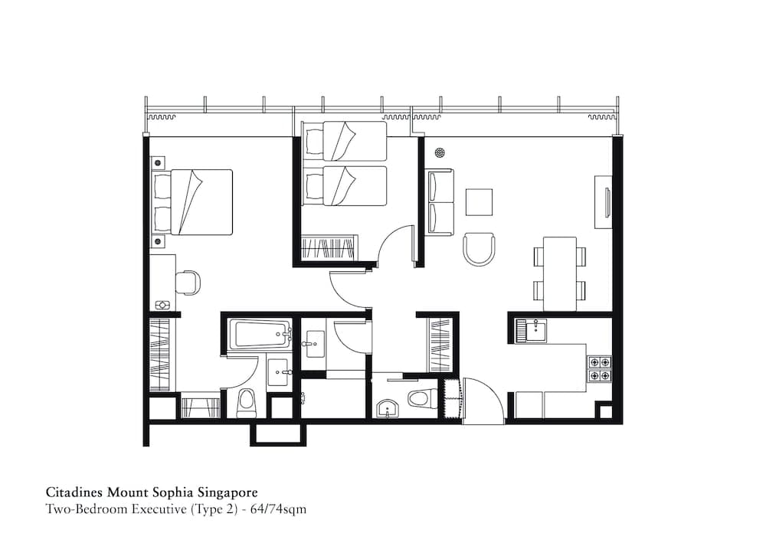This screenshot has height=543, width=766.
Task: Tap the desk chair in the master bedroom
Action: [188, 283]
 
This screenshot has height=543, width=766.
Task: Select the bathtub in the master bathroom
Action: [261, 335]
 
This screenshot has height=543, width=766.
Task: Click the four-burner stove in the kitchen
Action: [599, 368]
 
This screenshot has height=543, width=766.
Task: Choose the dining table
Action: [559, 273]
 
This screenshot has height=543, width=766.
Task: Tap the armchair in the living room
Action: [480, 249]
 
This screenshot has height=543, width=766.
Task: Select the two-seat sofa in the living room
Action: [440, 202]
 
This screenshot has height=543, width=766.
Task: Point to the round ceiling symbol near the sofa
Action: [440, 152]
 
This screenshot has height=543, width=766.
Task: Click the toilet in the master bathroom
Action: [247, 403]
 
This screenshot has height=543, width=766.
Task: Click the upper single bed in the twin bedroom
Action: [345, 141]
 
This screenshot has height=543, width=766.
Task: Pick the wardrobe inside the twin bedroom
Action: [329, 249]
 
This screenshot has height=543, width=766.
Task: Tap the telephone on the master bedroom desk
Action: [162, 305]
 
